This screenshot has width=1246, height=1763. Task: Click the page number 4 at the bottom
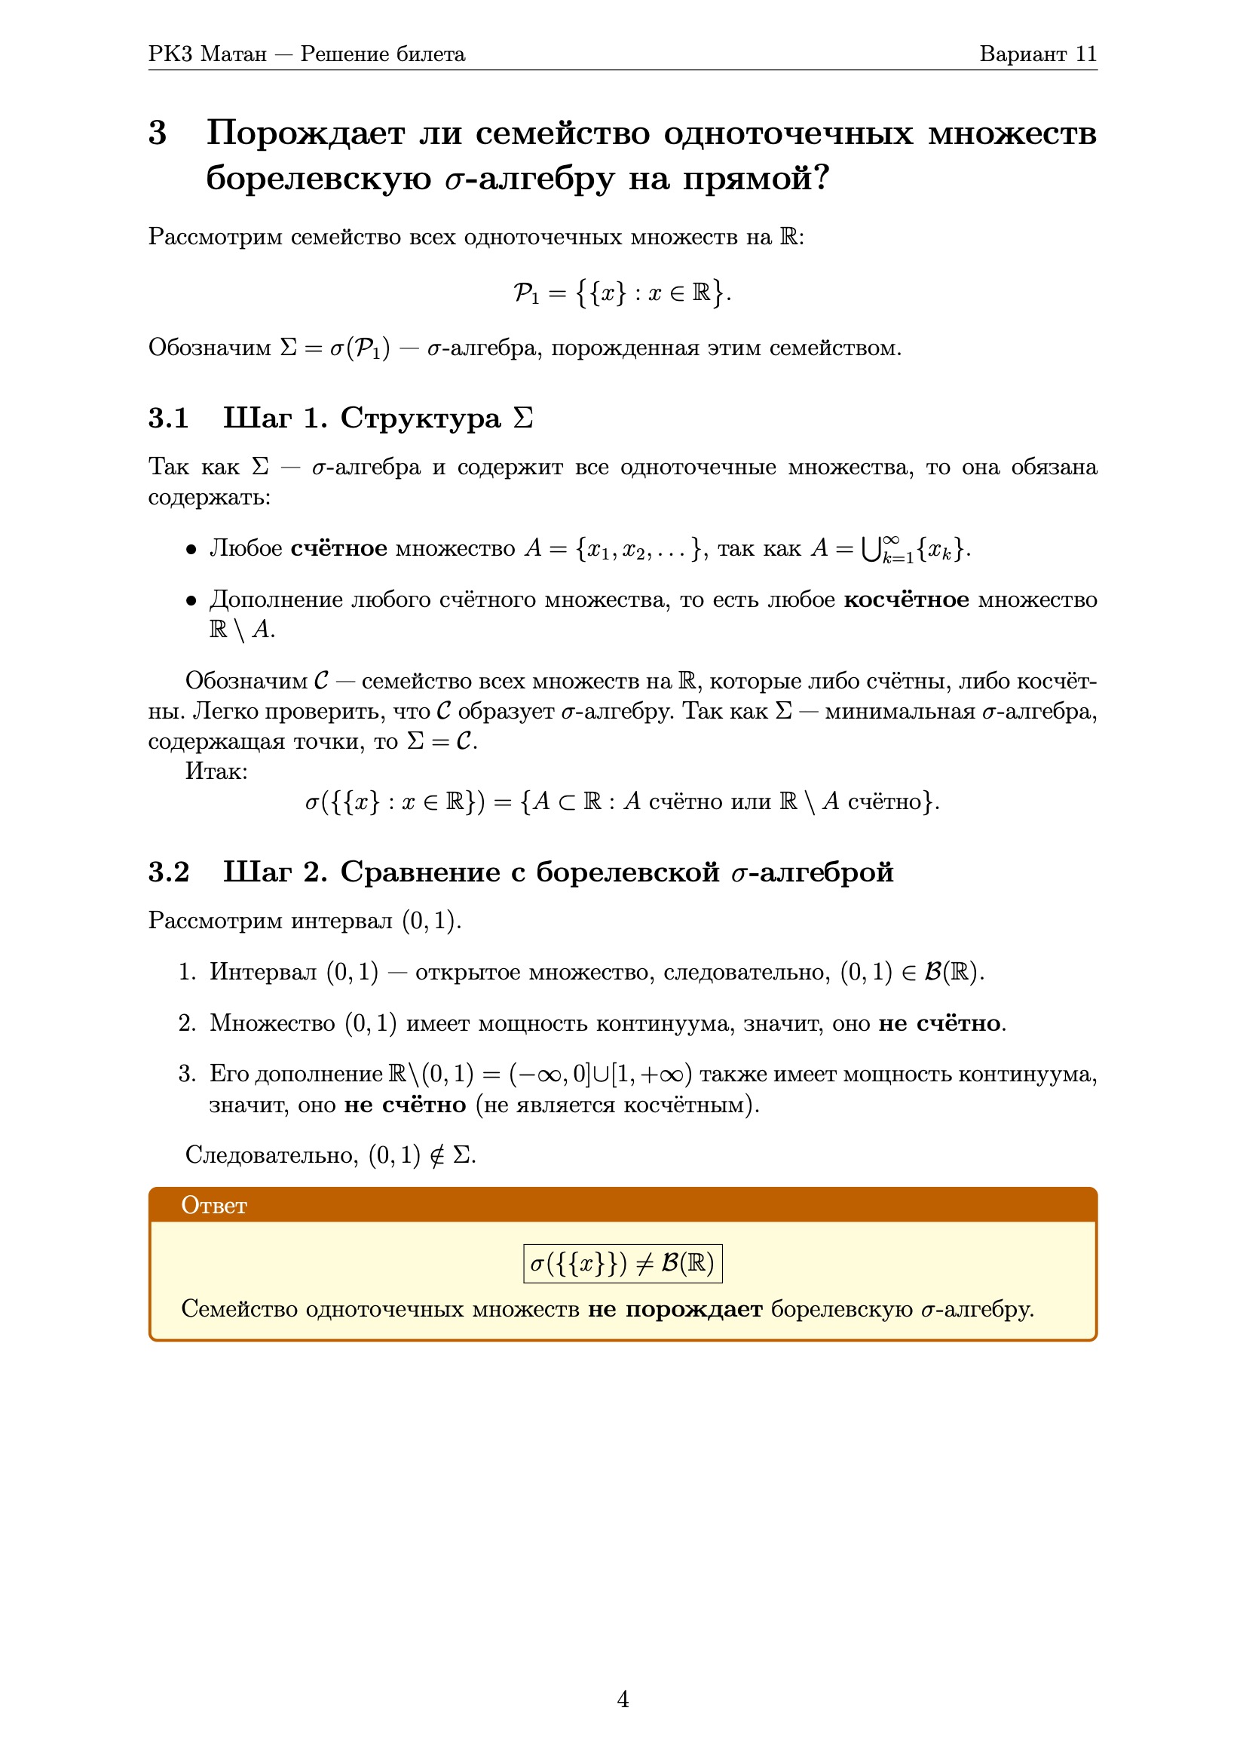(623, 1699)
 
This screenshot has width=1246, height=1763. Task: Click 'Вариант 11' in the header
(1038, 54)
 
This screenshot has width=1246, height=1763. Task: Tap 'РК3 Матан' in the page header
(207, 54)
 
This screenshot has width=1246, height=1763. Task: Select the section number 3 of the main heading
(158, 133)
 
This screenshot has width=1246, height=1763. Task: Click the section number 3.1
(168, 419)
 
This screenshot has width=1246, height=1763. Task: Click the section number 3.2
(168, 872)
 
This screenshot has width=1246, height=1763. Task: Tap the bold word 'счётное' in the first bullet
(338, 548)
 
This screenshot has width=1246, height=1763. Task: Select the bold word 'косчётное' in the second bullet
(906, 599)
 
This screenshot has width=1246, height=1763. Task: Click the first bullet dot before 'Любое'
(191, 550)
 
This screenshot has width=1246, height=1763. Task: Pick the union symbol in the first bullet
(870, 549)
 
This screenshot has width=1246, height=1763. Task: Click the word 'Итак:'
(216, 771)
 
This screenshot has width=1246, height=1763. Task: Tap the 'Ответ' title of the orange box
(214, 1206)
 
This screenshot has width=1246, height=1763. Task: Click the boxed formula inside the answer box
(623, 1263)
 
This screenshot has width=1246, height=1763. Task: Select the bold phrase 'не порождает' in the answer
(675, 1309)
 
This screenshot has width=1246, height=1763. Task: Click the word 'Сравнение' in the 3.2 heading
(420, 872)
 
